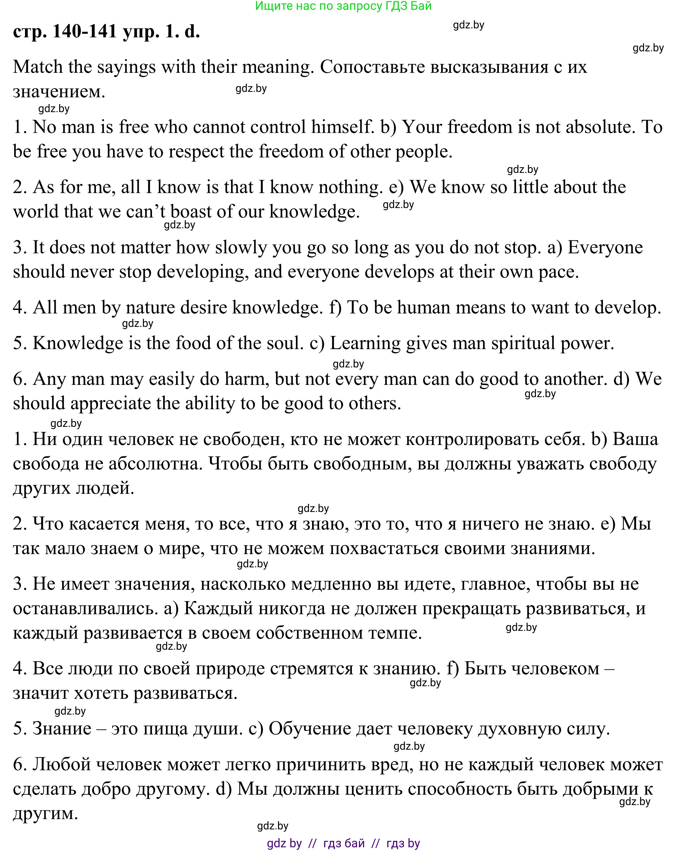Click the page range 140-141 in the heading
click(x=84, y=31)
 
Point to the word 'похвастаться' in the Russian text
click(x=384, y=549)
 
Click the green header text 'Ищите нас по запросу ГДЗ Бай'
click(x=343, y=6)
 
